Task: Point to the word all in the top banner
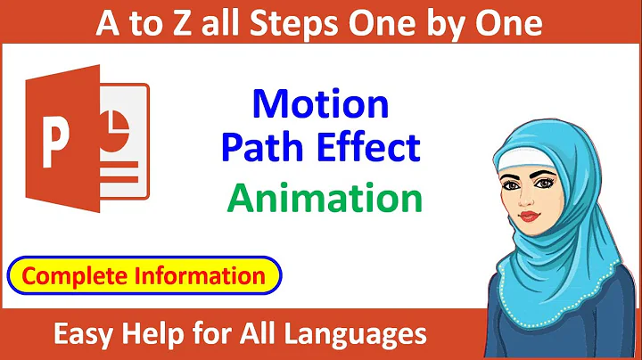(220, 24)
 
